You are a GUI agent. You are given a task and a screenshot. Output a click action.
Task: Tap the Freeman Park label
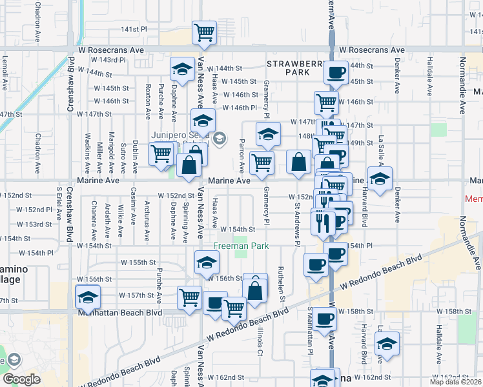coord(232,246)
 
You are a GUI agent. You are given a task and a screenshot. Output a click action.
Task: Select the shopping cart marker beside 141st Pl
coord(205,32)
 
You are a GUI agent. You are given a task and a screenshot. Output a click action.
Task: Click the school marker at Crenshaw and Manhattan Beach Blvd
coord(87,298)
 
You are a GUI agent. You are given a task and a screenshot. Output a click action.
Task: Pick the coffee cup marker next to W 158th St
coord(325,318)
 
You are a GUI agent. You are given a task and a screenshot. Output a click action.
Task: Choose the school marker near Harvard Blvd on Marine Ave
coord(380,179)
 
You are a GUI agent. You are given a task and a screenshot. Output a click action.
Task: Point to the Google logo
coord(21,379)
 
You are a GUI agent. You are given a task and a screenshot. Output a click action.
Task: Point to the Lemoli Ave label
coord(5,68)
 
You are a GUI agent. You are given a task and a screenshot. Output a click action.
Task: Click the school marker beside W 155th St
coord(207,263)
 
